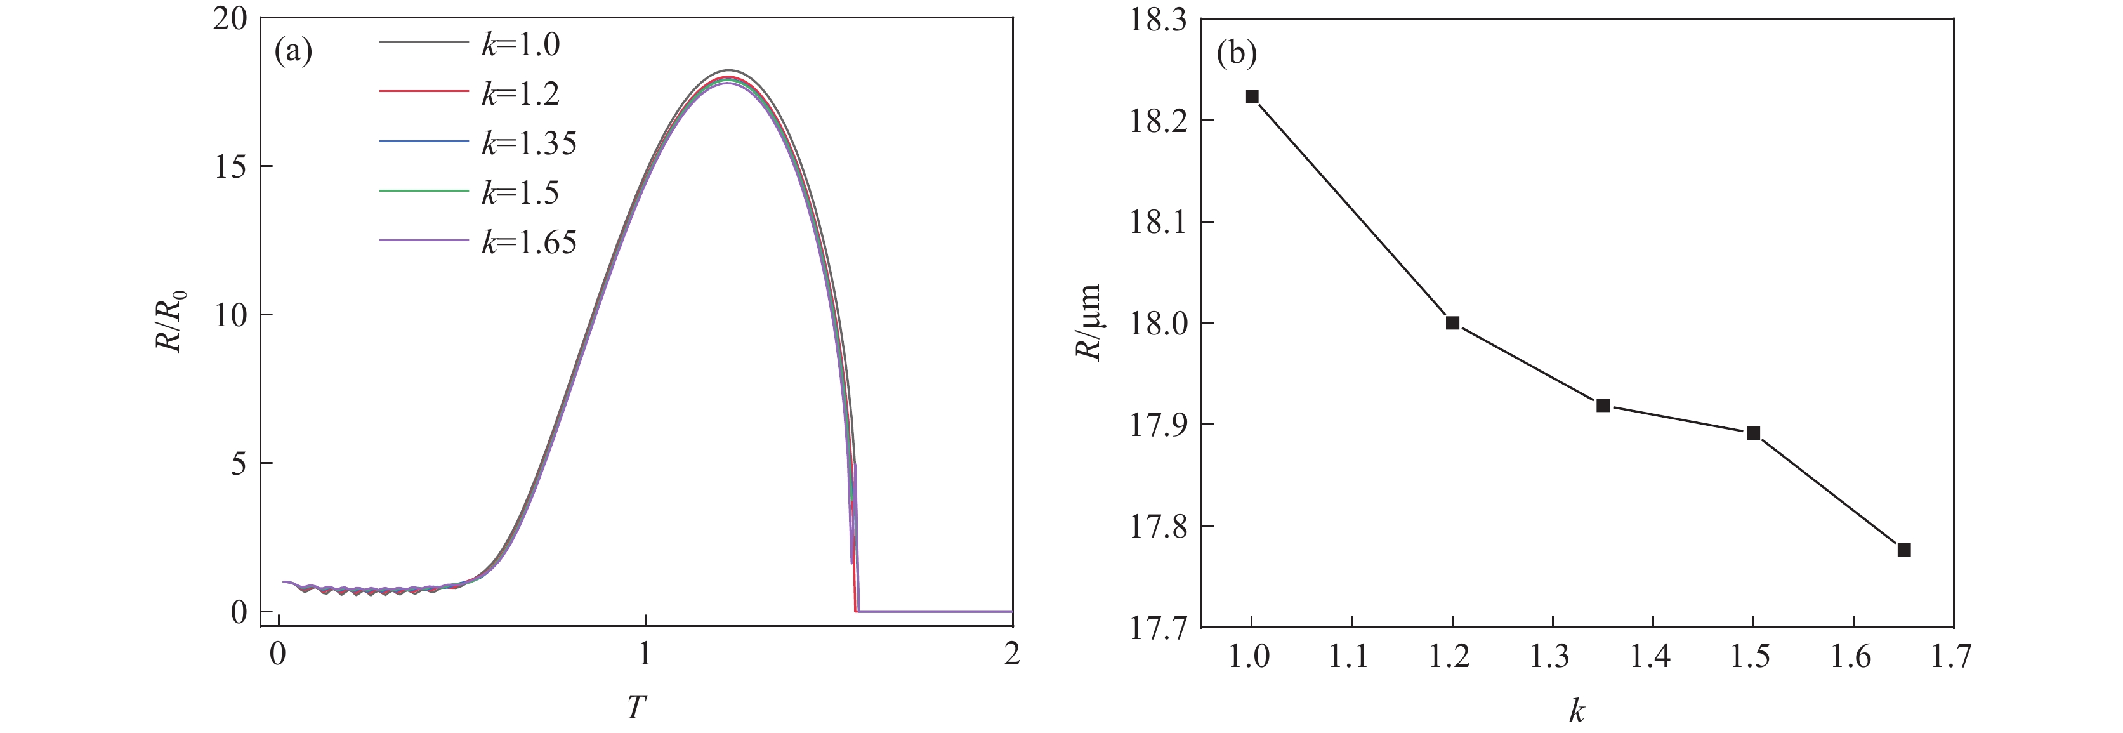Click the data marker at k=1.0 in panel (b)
(1252, 97)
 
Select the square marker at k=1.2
(1452, 322)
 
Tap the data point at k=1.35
(1603, 405)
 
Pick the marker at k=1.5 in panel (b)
(1754, 433)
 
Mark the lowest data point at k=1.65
(1903, 550)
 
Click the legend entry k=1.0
(521, 44)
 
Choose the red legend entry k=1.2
(521, 94)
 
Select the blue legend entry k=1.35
(529, 143)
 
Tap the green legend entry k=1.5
(521, 192)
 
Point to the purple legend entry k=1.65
(529, 242)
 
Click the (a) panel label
(293, 51)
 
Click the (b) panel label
(1236, 53)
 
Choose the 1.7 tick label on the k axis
(1952, 657)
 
